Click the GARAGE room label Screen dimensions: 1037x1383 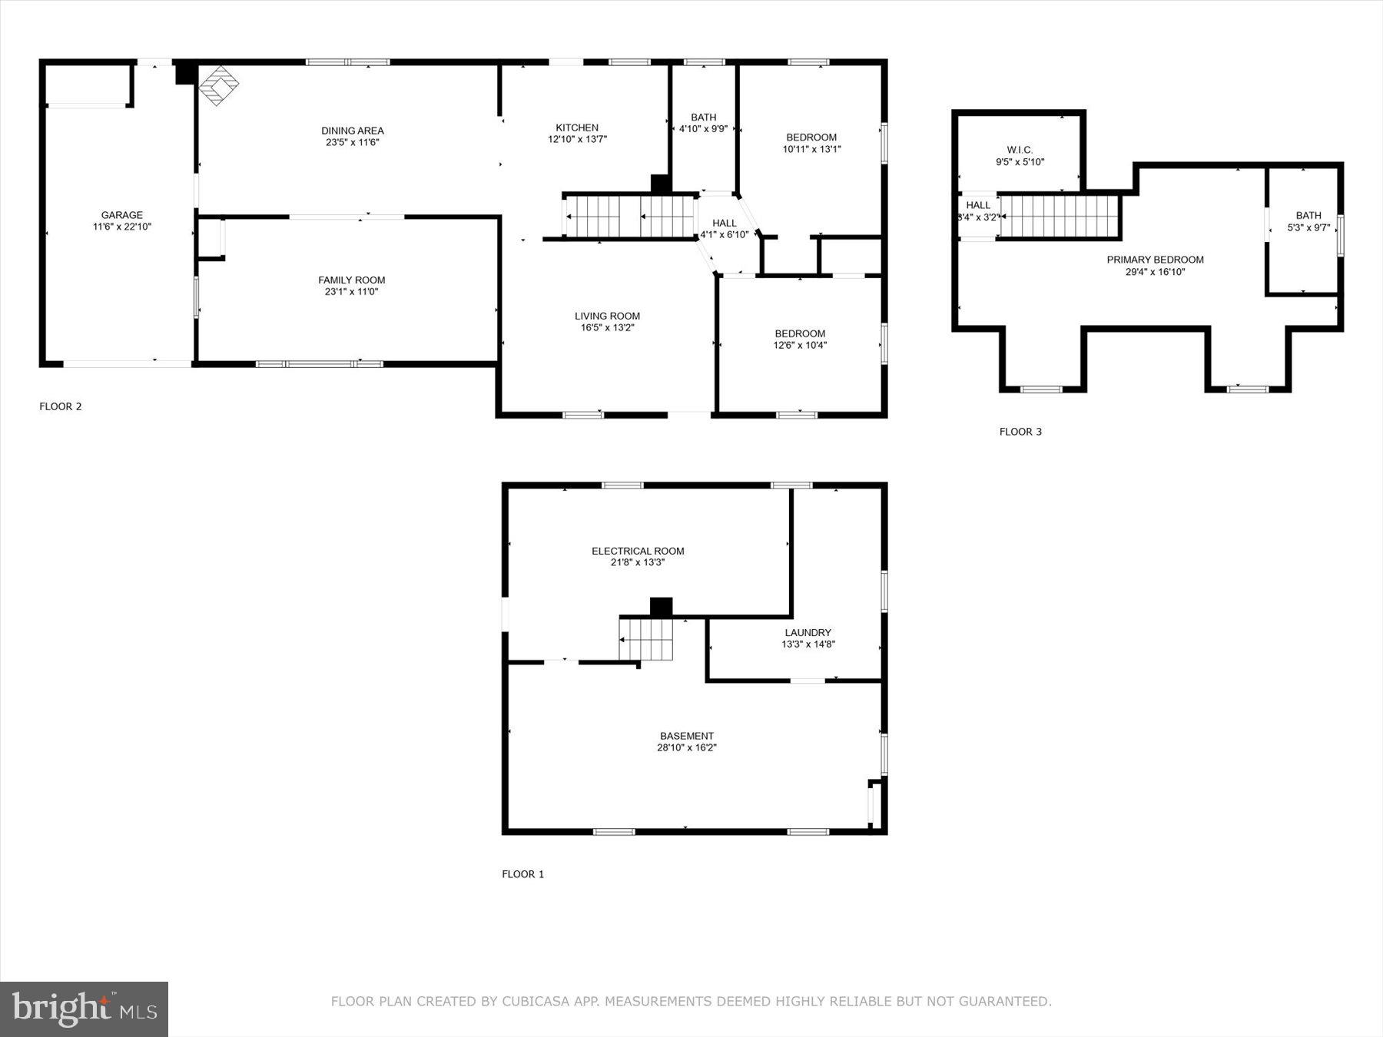coord(121,215)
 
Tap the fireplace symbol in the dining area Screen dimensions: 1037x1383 coord(219,85)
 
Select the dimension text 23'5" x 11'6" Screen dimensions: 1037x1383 coord(353,142)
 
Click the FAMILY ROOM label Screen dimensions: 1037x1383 coord(352,280)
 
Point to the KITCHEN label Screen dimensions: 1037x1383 coord(577,128)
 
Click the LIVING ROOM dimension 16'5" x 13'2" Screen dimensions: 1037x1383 coord(607,327)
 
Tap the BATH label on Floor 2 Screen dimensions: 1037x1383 coord(703,118)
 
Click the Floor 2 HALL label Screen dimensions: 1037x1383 coord(724,223)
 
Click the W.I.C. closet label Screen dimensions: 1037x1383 coord(1020,150)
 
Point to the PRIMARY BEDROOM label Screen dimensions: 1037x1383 coord(1155,260)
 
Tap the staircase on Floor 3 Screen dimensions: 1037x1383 coord(1059,217)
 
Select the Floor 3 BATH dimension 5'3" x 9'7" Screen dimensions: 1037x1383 coord(1308,227)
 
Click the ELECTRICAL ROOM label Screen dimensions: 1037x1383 coord(638,551)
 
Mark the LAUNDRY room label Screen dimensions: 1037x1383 coord(808,633)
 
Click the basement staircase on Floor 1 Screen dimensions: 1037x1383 coord(646,639)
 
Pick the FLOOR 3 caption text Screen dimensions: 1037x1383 coord(1020,432)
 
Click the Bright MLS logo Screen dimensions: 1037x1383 coord(84,1009)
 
